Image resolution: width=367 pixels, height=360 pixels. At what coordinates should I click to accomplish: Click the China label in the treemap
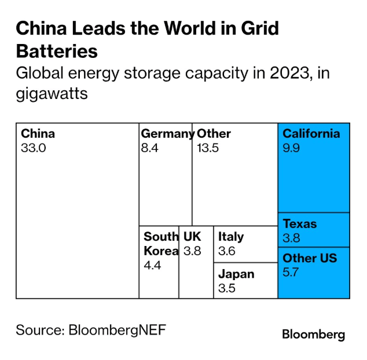click(x=38, y=134)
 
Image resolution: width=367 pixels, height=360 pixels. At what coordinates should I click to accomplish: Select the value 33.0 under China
click(x=33, y=148)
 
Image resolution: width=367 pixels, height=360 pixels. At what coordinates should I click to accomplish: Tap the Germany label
click(x=167, y=134)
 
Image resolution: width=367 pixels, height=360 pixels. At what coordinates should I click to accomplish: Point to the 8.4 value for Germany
click(x=149, y=148)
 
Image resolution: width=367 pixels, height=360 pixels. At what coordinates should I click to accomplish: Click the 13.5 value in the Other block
click(x=208, y=148)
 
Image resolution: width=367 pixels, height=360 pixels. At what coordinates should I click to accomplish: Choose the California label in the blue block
click(x=311, y=134)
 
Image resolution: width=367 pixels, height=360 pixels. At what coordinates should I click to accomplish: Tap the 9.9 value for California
click(x=291, y=148)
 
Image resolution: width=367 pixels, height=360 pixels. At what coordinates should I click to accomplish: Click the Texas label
click(x=300, y=224)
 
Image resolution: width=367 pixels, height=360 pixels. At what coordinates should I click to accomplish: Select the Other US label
click(x=310, y=258)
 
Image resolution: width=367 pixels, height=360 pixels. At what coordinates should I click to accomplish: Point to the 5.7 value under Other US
click(x=291, y=271)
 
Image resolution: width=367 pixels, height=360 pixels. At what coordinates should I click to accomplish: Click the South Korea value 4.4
click(x=152, y=266)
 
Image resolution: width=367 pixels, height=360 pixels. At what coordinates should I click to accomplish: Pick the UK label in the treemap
click(x=192, y=237)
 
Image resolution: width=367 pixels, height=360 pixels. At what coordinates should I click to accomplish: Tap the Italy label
click(x=231, y=237)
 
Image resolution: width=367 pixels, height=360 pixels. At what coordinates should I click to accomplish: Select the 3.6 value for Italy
click(x=227, y=251)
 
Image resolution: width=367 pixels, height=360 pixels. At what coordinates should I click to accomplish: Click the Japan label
click(x=236, y=274)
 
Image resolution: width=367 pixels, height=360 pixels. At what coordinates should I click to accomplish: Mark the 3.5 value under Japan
click(x=227, y=288)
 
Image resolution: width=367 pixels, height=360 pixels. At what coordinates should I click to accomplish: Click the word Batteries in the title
click(x=57, y=51)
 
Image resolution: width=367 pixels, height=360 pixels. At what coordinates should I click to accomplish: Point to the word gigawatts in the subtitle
click(x=52, y=93)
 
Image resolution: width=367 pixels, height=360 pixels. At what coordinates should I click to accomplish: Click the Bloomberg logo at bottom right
click(x=313, y=335)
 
